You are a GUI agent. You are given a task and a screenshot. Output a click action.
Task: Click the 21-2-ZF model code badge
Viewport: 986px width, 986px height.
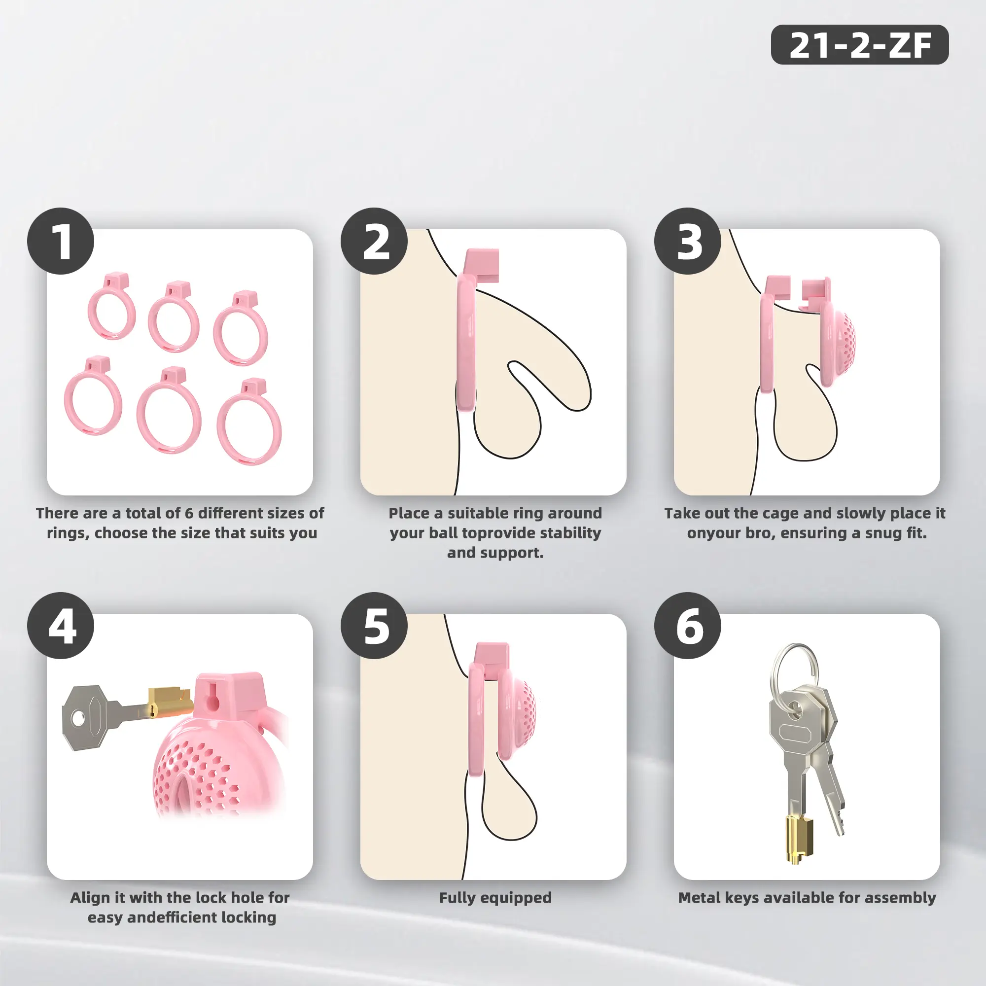[859, 44]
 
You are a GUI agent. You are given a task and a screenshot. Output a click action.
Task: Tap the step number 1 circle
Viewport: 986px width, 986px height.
[61, 241]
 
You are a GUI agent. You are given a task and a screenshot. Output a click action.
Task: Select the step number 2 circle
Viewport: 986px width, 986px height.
[374, 241]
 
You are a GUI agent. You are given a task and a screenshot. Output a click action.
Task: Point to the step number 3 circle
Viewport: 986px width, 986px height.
[687, 241]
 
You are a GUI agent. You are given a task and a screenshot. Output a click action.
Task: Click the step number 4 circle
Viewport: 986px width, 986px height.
[61, 625]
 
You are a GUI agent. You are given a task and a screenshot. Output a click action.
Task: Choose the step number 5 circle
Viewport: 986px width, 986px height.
[374, 625]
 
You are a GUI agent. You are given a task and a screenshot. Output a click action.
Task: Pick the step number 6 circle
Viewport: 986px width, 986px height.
[687, 625]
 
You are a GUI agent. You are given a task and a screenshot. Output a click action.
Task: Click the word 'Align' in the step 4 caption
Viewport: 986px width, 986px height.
[88, 898]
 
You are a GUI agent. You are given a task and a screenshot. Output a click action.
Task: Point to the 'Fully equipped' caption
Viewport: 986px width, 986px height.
[495, 898]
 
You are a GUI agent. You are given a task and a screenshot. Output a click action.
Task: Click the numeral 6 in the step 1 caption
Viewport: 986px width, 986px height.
[189, 513]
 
